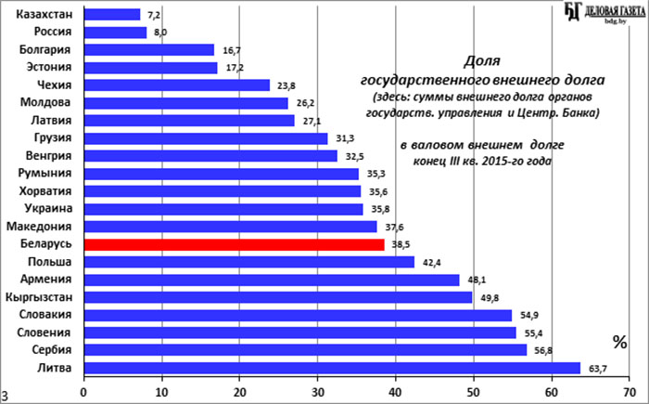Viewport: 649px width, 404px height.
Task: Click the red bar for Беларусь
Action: [234, 244]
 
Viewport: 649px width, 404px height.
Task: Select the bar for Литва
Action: [332, 368]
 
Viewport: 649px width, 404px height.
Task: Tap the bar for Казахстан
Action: [112, 15]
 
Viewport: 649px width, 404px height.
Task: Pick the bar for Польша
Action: [248, 262]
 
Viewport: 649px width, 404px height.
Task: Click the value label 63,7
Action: [597, 368]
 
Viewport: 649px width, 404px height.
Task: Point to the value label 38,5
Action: [401, 245]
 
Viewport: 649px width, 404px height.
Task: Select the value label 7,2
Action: [154, 15]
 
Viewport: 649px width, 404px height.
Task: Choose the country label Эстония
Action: [46, 68]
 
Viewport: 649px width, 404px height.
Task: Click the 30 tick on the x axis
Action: [318, 390]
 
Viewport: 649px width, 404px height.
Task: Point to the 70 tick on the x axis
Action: [630, 390]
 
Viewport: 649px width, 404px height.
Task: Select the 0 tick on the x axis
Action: [84, 390]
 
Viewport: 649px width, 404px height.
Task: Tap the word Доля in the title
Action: [481, 60]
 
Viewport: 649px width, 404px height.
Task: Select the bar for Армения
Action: [272, 280]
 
